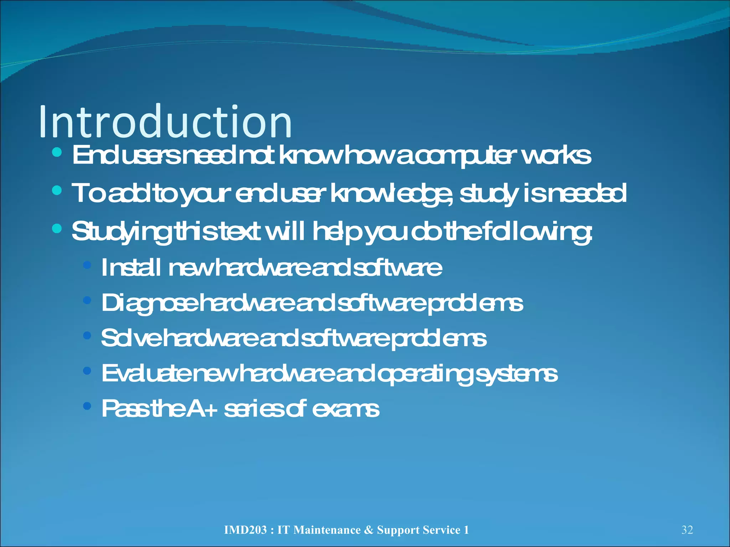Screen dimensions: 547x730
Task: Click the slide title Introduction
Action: click(x=165, y=122)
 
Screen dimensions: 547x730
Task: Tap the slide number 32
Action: click(x=687, y=530)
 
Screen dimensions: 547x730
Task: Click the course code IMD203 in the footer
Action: click(x=245, y=530)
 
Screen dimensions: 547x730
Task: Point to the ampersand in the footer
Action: click(x=369, y=530)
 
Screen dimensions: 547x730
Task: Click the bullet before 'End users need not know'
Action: click(x=57, y=153)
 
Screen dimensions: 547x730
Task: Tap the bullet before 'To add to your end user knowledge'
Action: click(x=57, y=191)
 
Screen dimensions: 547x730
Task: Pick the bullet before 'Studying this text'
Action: click(x=57, y=228)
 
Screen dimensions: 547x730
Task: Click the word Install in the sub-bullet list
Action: click(x=130, y=267)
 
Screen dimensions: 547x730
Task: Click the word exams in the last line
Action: click(x=345, y=408)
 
